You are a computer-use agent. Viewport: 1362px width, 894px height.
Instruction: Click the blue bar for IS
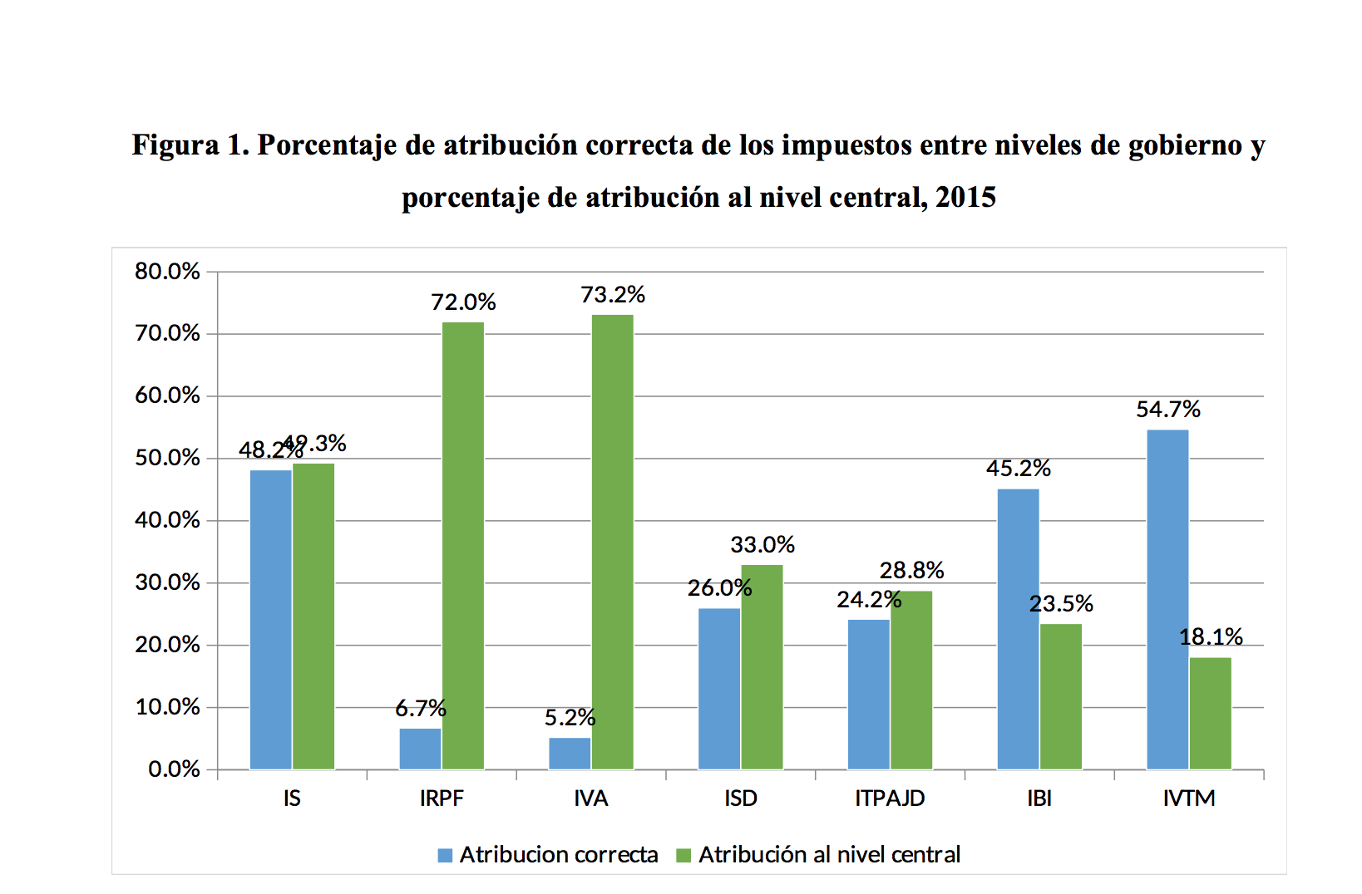pyautogui.click(x=270, y=619)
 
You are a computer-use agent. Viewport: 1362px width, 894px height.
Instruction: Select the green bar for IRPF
pyautogui.click(x=462, y=545)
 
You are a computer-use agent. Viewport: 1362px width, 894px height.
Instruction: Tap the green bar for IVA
pyautogui.click(x=612, y=542)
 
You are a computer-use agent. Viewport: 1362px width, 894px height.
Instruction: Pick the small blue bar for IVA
pyautogui.click(x=570, y=754)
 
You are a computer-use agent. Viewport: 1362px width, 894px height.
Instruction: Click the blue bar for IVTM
pyautogui.click(x=1167, y=599)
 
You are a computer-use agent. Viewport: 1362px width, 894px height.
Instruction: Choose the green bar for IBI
pyautogui.click(x=1060, y=696)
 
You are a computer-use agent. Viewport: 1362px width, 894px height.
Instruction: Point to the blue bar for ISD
pyautogui.click(x=719, y=689)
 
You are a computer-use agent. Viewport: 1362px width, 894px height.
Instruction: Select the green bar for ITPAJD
pyautogui.click(x=911, y=680)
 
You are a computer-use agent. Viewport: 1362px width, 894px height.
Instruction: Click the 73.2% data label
pyautogui.click(x=613, y=295)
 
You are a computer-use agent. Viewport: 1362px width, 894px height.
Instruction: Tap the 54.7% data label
pyautogui.click(x=1168, y=410)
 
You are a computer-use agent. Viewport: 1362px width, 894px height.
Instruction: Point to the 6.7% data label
pyautogui.click(x=420, y=709)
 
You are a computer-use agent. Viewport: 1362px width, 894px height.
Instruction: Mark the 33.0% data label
pyautogui.click(x=762, y=545)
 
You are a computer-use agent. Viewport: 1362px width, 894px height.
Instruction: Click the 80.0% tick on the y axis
pyautogui.click(x=167, y=272)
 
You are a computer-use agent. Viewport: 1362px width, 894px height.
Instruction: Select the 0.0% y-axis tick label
pyautogui.click(x=174, y=769)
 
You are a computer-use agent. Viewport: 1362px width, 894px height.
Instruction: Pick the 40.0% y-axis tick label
pyautogui.click(x=167, y=520)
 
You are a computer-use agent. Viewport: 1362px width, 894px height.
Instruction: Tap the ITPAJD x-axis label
pyautogui.click(x=890, y=798)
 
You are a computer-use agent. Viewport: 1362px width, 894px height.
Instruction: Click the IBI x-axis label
pyautogui.click(x=1039, y=798)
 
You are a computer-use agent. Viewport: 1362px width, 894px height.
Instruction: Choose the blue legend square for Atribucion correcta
pyautogui.click(x=445, y=855)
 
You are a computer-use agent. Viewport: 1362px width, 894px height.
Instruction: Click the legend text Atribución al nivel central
pyautogui.click(x=829, y=855)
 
